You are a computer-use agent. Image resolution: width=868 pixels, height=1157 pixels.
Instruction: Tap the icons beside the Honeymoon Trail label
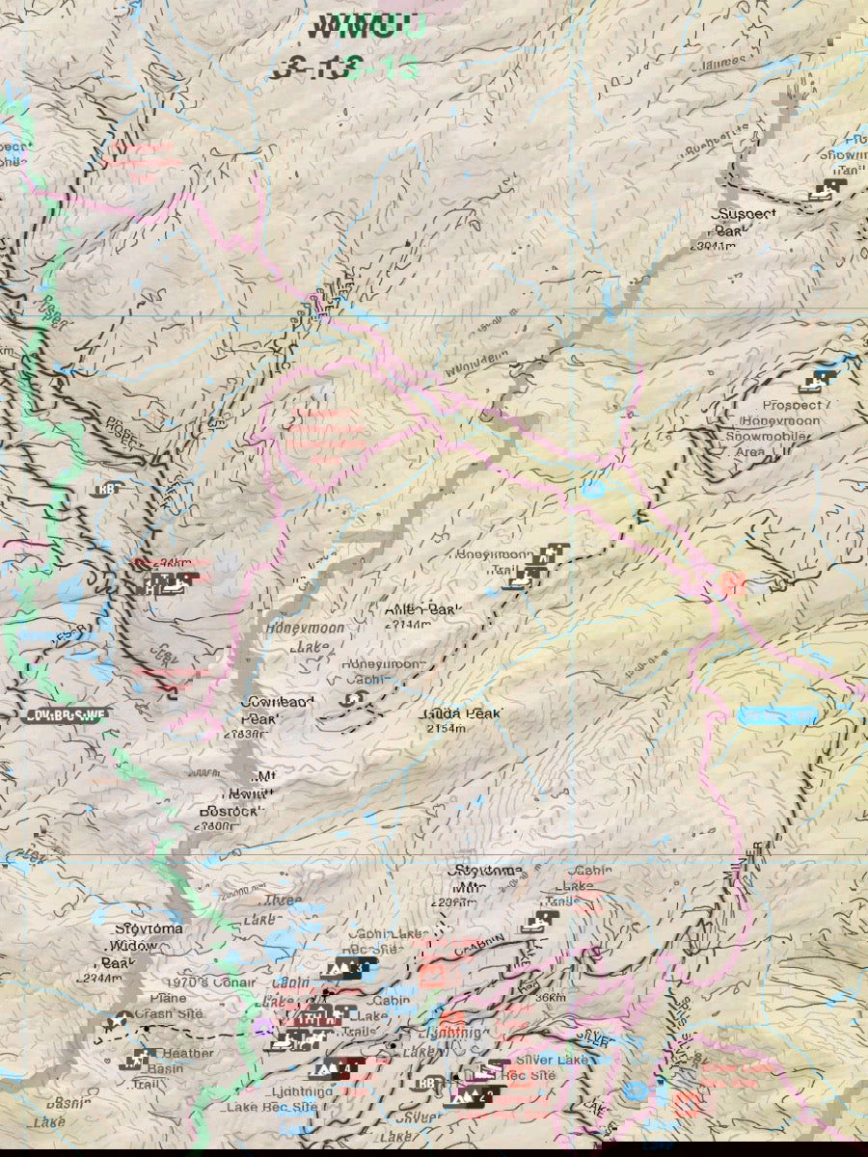point(538,566)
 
